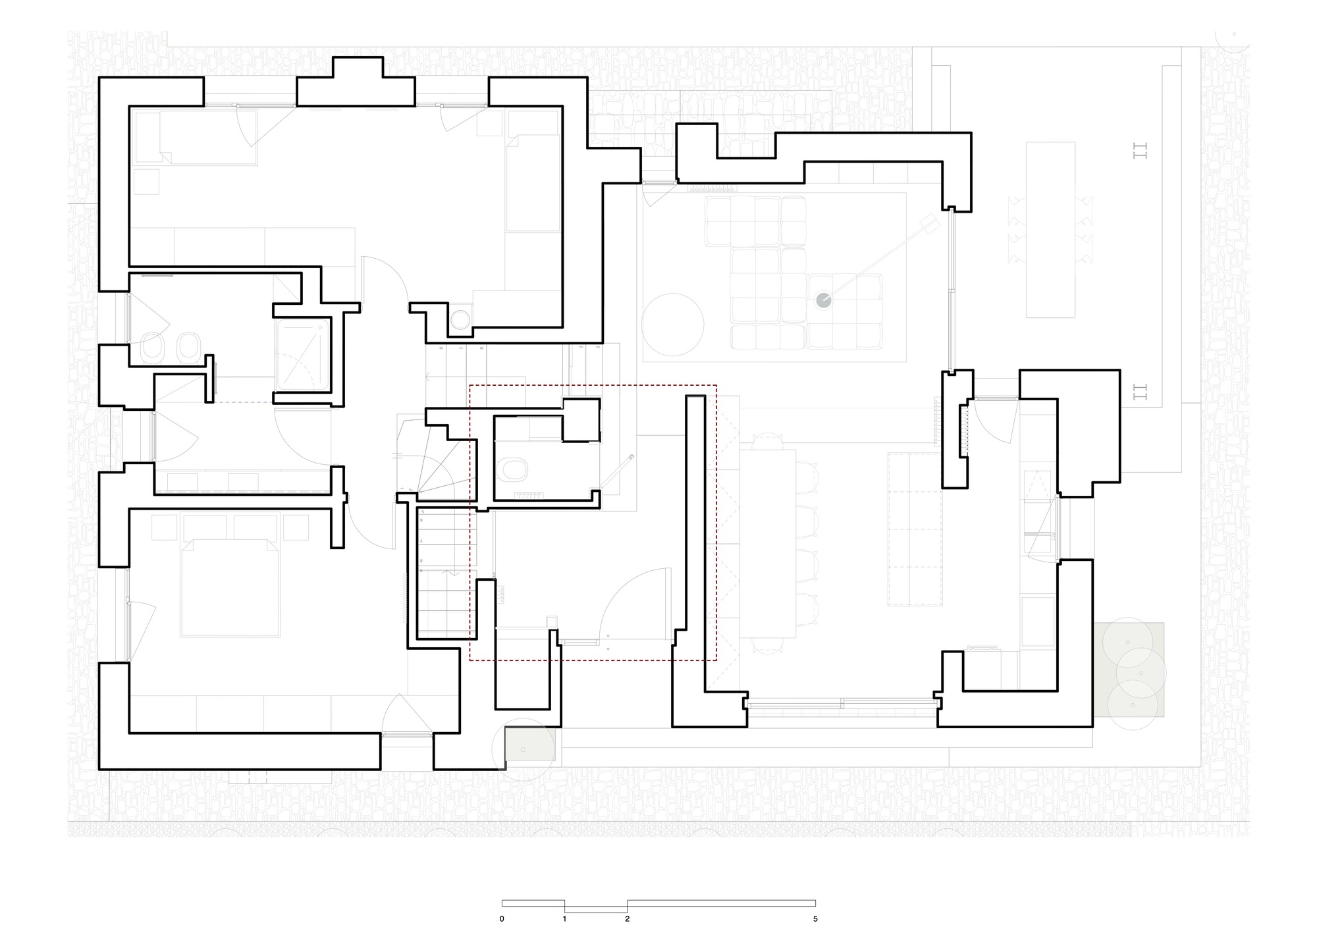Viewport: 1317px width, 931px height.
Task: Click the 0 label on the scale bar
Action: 502,918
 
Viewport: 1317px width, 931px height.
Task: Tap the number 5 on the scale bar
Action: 815,918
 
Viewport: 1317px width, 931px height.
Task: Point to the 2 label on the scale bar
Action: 627,918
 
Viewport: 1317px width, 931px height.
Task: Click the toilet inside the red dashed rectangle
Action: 514,469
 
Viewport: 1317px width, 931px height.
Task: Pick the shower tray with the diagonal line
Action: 302,356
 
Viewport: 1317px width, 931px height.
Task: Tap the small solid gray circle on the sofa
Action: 824,300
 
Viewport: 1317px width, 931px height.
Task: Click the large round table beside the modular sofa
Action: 674,325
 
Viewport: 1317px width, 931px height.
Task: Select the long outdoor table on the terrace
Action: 1050,230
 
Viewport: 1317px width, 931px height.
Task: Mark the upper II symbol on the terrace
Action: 1140,151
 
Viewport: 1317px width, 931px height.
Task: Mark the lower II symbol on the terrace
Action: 1140,393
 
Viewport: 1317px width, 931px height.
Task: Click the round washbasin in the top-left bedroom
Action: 460,319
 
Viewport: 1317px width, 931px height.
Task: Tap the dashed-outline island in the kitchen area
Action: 915,529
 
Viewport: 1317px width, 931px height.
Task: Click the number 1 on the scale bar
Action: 564,918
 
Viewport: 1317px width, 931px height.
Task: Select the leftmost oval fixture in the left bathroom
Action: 153,347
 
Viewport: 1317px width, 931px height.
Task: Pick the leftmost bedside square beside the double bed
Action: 164,527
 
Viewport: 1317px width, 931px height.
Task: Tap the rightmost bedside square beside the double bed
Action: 296,527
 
